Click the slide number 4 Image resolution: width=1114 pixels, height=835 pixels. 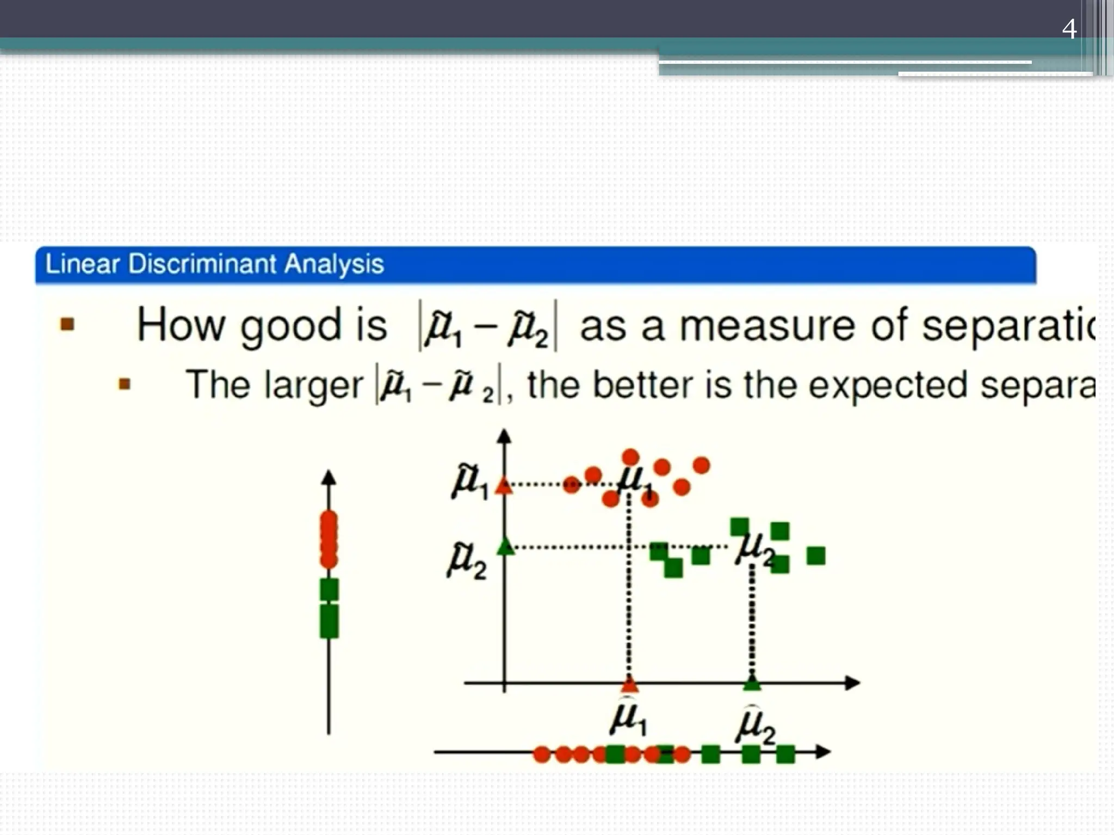click(x=1069, y=29)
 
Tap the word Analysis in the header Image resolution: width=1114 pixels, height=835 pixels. click(x=334, y=265)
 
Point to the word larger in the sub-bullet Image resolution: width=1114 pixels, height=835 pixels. click(x=313, y=385)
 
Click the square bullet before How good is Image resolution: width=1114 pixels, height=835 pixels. click(x=67, y=325)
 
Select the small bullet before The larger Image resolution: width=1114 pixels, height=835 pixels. click(x=125, y=385)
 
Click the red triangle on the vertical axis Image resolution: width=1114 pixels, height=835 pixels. click(x=504, y=485)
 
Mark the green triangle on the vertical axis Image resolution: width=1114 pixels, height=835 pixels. click(x=505, y=546)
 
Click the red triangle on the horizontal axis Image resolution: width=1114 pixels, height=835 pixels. click(x=629, y=683)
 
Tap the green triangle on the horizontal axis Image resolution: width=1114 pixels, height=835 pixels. click(x=752, y=683)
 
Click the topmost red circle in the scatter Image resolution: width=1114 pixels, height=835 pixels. click(x=630, y=457)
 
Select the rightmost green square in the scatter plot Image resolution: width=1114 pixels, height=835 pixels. click(x=816, y=556)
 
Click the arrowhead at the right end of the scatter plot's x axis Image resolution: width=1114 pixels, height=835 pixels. click(x=852, y=683)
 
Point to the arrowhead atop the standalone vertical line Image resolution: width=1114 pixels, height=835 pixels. click(x=329, y=477)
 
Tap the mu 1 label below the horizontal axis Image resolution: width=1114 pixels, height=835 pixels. click(x=628, y=719)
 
